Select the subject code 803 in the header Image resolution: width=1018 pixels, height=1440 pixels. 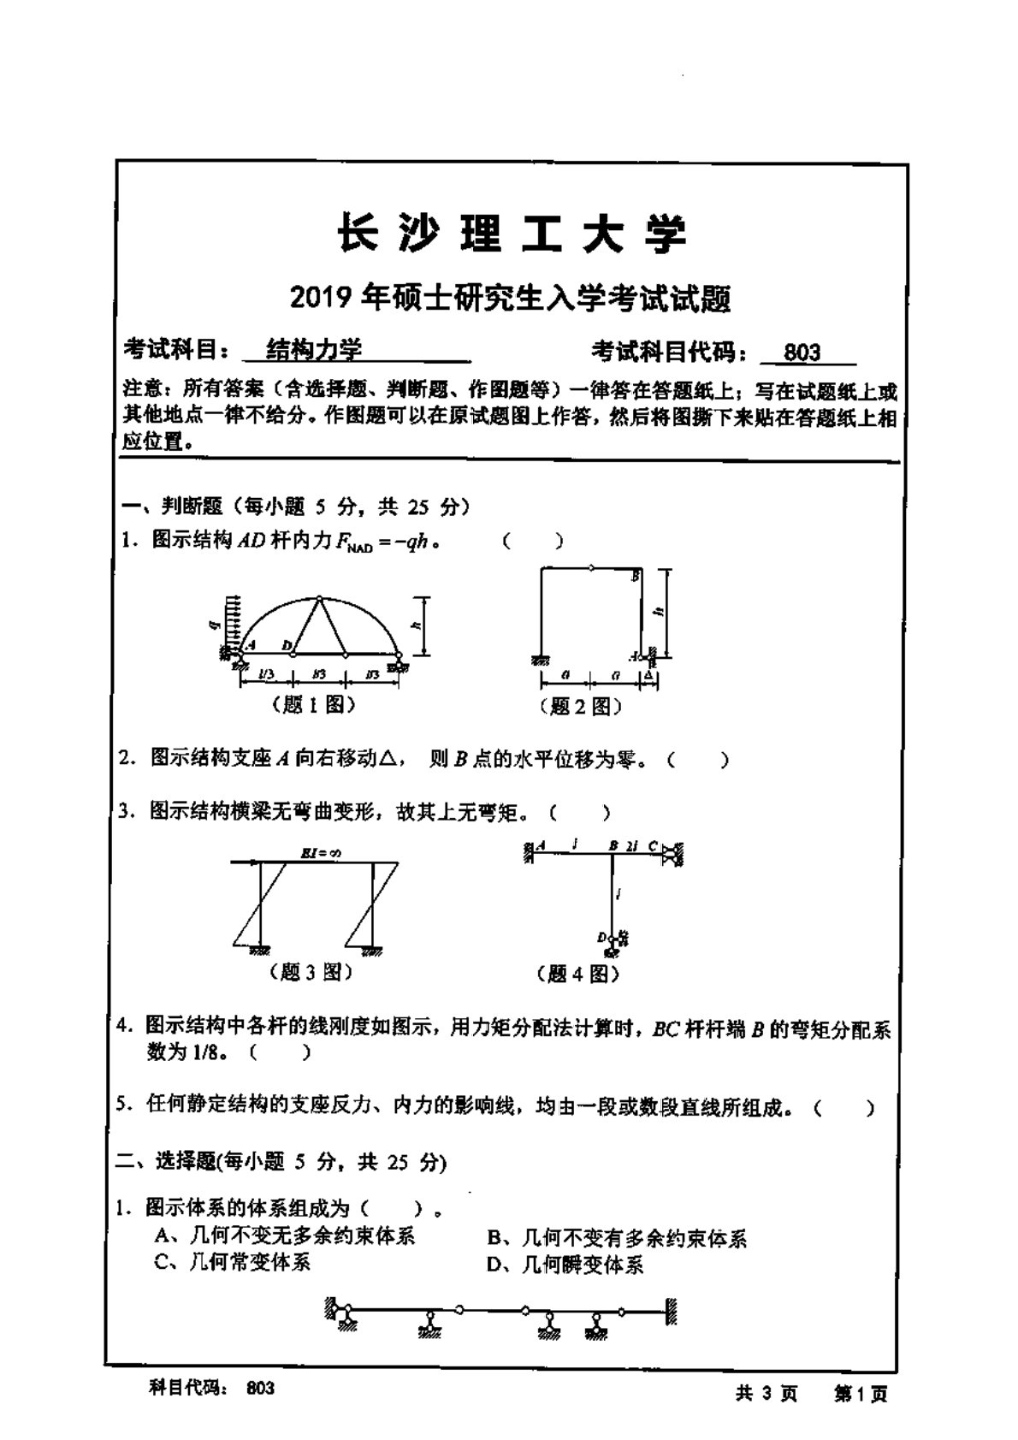click(802, 352)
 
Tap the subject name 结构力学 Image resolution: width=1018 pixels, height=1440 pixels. click(315, 349)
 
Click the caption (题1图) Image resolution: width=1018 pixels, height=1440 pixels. click(312, 705)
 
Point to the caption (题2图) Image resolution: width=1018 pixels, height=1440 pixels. click(581, 707)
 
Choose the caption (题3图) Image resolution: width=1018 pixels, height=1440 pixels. click(311, 972)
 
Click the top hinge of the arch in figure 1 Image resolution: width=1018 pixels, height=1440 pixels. click(318, 598)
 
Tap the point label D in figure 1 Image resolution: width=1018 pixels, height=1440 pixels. click(287, 645)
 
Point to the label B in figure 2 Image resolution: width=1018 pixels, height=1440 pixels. click(635, 577)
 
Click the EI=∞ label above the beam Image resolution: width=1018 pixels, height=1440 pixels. click(321, 853)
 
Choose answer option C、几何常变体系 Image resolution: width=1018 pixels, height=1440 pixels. click(233, 1262)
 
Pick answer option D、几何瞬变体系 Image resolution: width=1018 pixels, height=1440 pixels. click(565, 1264)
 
